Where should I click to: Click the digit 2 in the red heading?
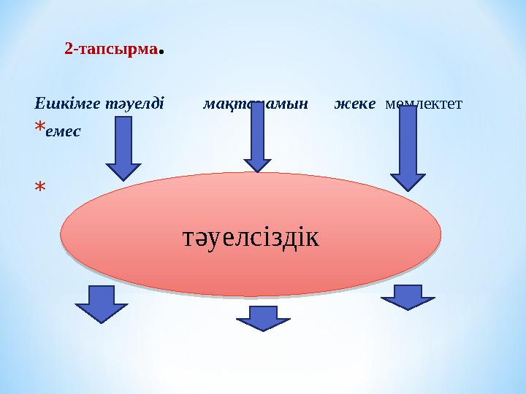68,50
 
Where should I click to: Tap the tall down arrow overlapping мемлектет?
408,146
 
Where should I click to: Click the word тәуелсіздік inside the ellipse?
251,236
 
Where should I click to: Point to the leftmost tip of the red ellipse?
61,234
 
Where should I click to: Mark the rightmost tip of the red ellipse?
441,234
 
